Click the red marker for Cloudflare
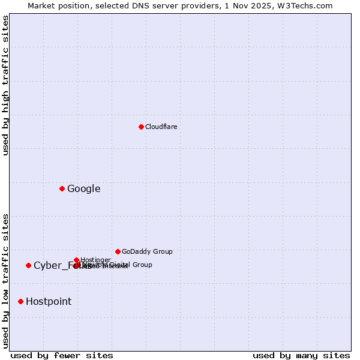[141, 127]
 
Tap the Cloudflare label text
[161, 127]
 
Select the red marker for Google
[62, 188]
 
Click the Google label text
[83, 188]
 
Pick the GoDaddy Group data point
[118, 251]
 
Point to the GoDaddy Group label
[147, 251]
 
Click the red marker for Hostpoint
[20, 301]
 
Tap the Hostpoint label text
[48, 301]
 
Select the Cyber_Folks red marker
[28, 265]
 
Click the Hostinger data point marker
[77, 260]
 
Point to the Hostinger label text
[95, 260]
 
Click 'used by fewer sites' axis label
[62, 355]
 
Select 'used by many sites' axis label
[301, 355]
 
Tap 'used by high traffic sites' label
[6, 85]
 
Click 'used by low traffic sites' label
[6, 280]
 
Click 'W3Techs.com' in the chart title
[307, 5]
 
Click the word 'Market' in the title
[42, 5]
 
